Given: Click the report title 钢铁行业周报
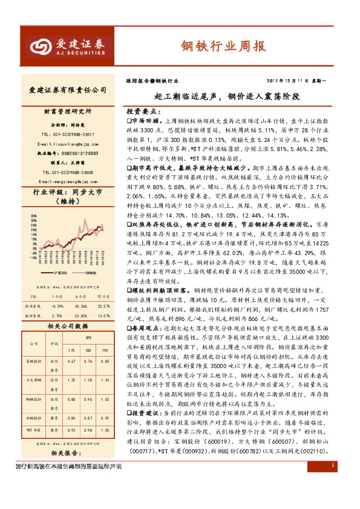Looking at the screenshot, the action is (x=223, y=47).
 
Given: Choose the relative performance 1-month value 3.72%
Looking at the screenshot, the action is (x=57, y=316).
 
